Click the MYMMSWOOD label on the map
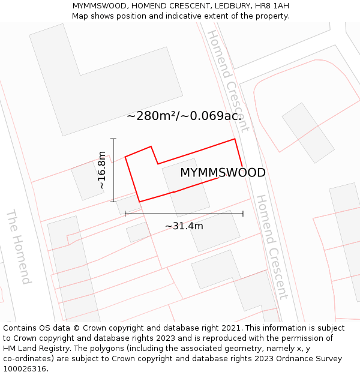[223, 173]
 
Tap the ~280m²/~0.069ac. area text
[184, 116]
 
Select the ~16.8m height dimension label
[102, 170]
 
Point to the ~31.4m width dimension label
[184, 226]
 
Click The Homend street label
[18, 247]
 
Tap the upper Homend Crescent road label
[228, 72]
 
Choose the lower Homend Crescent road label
[272, 246]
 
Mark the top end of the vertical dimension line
[113, 139]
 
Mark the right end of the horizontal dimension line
[243, 214]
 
